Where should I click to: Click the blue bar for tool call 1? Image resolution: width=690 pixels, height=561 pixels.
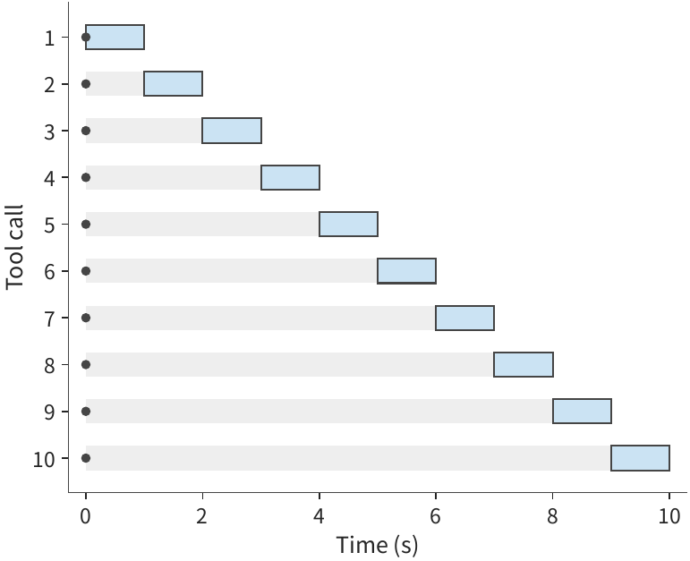point(115,37)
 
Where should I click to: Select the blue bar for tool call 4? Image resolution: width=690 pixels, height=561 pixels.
point(291,177)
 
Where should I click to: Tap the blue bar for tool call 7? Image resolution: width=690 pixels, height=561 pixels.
point(465,318)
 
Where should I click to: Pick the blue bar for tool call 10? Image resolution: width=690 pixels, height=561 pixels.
point(640,458)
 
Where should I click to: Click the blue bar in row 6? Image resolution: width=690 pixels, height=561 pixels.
point(406,271)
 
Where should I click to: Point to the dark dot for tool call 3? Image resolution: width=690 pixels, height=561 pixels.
point(86,131)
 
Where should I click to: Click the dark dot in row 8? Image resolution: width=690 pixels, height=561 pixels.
point(86,364)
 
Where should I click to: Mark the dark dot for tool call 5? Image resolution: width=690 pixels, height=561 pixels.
point(86,225)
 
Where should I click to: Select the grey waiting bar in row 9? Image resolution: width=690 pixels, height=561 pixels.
point(319,411)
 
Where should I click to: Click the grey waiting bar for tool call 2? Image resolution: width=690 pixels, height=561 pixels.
point(115,83)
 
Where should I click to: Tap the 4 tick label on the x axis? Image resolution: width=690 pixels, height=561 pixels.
point(319,516)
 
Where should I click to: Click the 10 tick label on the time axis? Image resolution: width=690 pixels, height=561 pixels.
point(669,516)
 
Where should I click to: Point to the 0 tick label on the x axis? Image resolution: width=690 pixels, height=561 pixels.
point(85,516)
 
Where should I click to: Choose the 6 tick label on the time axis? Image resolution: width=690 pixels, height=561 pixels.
point(435,516)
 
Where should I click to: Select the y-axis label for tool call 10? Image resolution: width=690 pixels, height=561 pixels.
point(44,460)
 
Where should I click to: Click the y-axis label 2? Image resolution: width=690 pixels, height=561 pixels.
point(50,84)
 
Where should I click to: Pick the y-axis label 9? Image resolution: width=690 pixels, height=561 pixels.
point(50,412)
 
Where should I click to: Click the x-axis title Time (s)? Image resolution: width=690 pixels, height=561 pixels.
point(377,545)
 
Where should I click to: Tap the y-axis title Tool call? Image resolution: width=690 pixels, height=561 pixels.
point(14,247)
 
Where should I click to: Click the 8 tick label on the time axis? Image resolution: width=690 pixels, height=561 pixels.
point(552,516)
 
